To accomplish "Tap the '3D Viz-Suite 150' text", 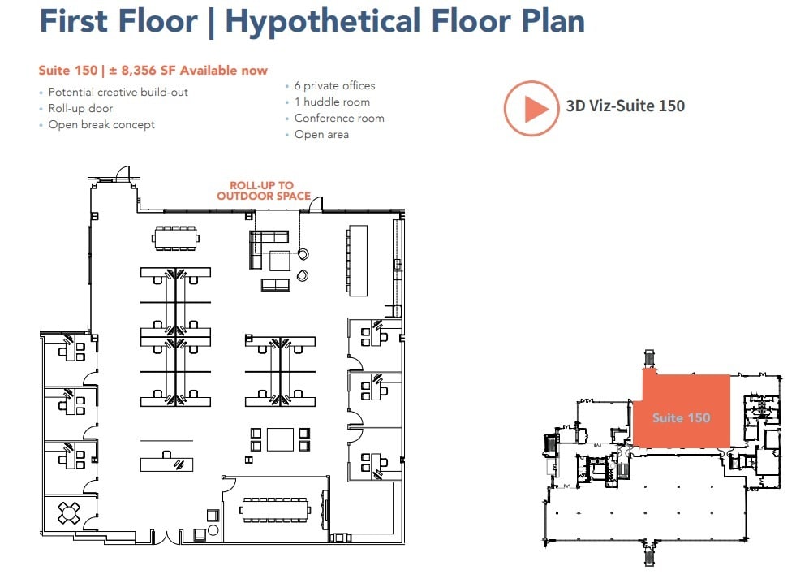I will [625, 106].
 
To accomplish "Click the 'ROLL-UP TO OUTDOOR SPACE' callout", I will [263, 191].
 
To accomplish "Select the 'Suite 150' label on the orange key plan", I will [681, 417].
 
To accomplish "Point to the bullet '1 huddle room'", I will [332, 102].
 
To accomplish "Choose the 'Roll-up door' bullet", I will [80, 108].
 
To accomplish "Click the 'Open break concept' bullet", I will [101, 124].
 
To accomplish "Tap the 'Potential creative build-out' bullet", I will [118, 92].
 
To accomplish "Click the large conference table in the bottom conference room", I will [275, 510].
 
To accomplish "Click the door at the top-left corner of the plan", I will [123, 174].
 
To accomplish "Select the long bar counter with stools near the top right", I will [358, 259].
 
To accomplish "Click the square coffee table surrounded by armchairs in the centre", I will [280, 439].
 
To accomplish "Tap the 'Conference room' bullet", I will [339, 118].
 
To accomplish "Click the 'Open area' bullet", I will [321, 134].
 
